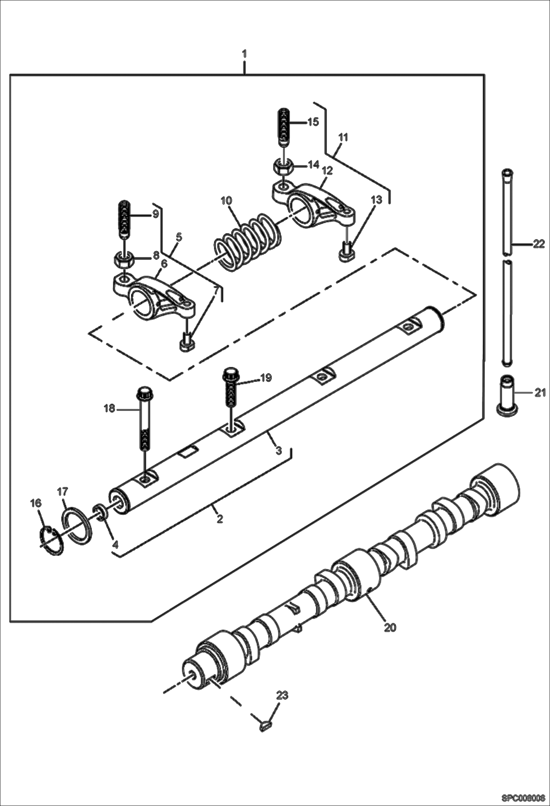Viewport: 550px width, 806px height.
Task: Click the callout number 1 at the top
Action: coord(244,54)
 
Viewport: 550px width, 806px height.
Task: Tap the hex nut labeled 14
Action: coord(282,168)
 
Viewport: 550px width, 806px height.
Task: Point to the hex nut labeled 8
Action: coord(124,260)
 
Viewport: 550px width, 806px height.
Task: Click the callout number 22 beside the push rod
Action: coord(538,244)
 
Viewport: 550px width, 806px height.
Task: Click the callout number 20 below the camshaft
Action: coord(390,627)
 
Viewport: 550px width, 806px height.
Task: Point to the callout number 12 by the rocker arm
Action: coord(327,170)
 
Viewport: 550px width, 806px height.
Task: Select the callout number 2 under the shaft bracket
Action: coord(219,519)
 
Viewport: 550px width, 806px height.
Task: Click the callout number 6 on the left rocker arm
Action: coord(164,263)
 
